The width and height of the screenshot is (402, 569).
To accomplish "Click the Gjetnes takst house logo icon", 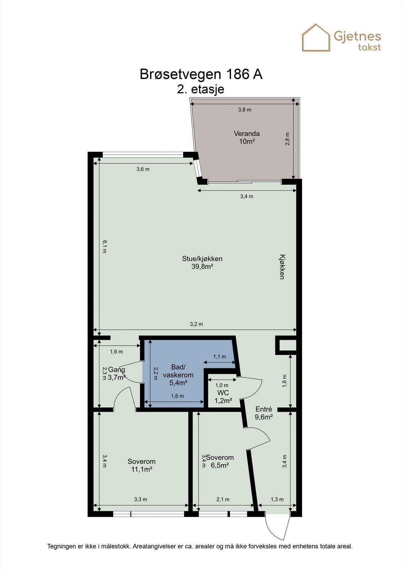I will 316,38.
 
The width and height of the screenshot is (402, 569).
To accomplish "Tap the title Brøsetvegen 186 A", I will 201,74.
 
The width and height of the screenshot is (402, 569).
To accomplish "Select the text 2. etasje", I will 201,89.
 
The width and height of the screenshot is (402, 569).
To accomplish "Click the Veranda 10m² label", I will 246,137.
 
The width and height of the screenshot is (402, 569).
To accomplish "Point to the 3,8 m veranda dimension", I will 245,110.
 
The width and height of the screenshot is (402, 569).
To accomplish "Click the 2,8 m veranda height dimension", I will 287,139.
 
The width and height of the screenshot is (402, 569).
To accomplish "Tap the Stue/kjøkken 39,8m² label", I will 202,262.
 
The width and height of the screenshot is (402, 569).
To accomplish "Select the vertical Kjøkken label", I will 282,267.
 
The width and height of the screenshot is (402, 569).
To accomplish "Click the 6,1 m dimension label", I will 104,246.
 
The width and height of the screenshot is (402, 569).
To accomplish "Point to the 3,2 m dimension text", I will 196,324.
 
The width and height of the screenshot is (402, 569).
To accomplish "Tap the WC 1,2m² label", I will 223,397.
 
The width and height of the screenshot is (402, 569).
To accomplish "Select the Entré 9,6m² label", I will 264,413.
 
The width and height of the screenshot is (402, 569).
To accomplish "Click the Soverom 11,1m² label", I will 141,465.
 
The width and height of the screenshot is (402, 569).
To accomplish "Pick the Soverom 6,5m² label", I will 220,461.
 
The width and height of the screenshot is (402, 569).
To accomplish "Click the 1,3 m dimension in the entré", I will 277,499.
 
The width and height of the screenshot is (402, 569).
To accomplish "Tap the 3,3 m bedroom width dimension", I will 140,499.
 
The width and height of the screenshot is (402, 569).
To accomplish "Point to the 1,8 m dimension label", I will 284,380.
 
